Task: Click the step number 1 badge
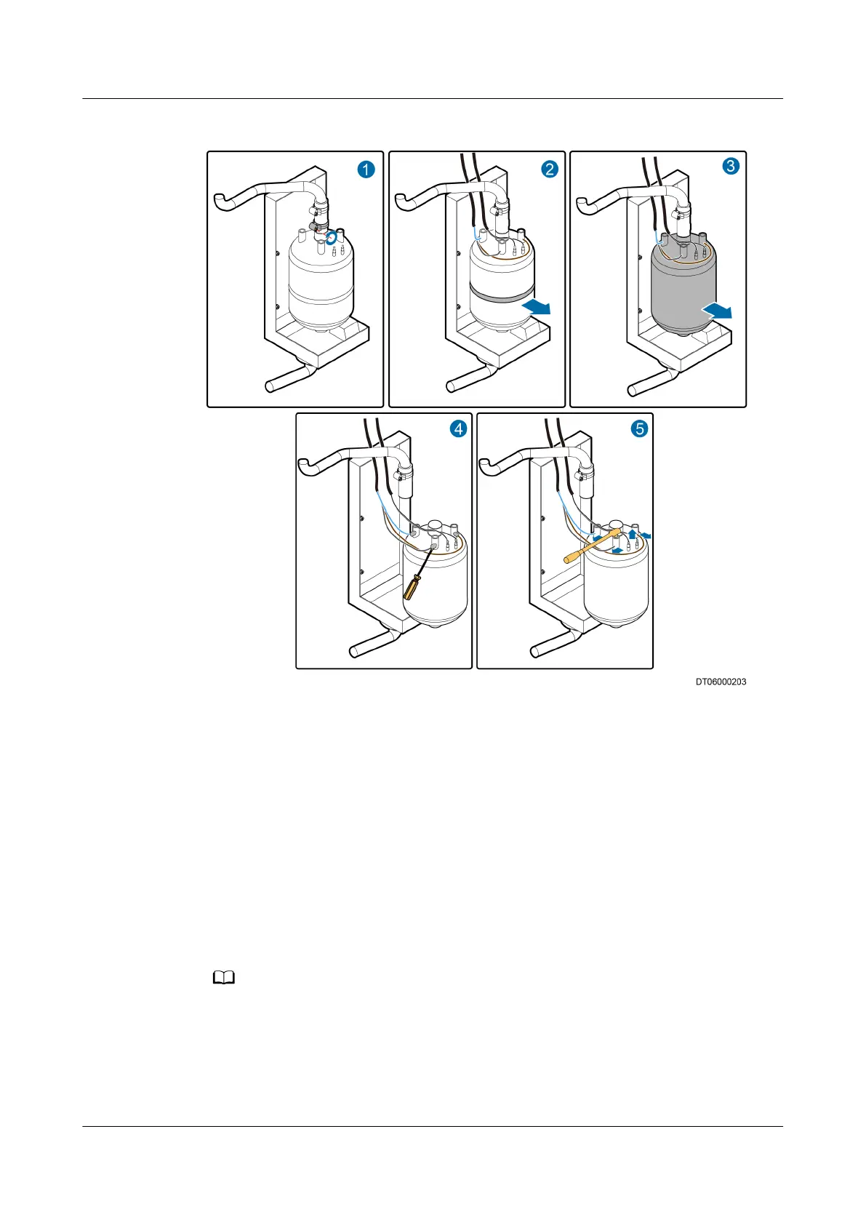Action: tap(366, 169)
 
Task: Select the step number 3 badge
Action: tap(730, 166)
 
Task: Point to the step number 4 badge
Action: tap(459, 429)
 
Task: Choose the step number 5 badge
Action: tap(640, 428)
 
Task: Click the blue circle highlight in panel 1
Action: tap(332, 237)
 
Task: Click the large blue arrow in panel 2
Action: tap(537, 307)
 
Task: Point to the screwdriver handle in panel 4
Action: tap(412, 586)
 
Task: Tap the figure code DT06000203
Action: tap(721, 682)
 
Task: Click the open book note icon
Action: tap(224, 978)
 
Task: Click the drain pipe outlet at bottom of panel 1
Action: tap(270, 385)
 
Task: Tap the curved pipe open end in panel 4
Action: tap(303, 463)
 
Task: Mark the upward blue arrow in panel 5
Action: tap(632, 534)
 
